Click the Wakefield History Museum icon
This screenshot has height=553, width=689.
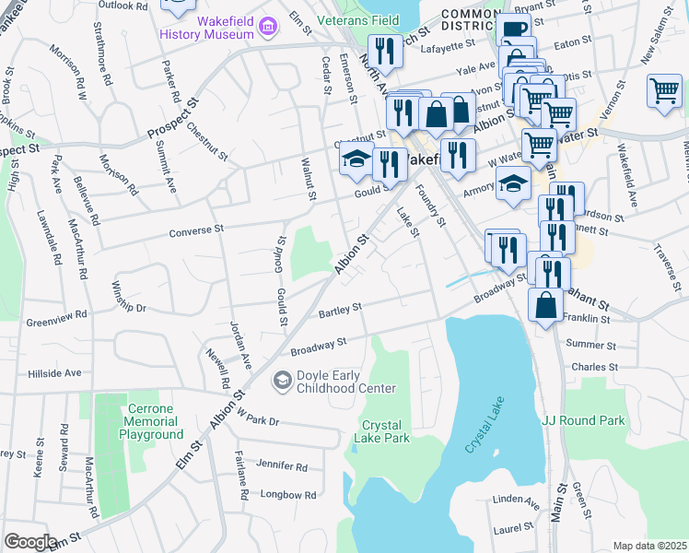[267, 27]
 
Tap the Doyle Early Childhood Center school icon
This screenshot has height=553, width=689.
[282, 379]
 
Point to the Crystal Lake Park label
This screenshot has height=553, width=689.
[381, 431]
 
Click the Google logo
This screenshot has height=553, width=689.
[29, 542]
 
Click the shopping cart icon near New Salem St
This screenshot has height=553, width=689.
[663, 92]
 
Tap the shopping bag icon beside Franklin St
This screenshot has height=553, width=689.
[546, 305]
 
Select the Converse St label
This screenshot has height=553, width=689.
[197, 229]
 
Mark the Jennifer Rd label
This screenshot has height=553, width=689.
[282, 466]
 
